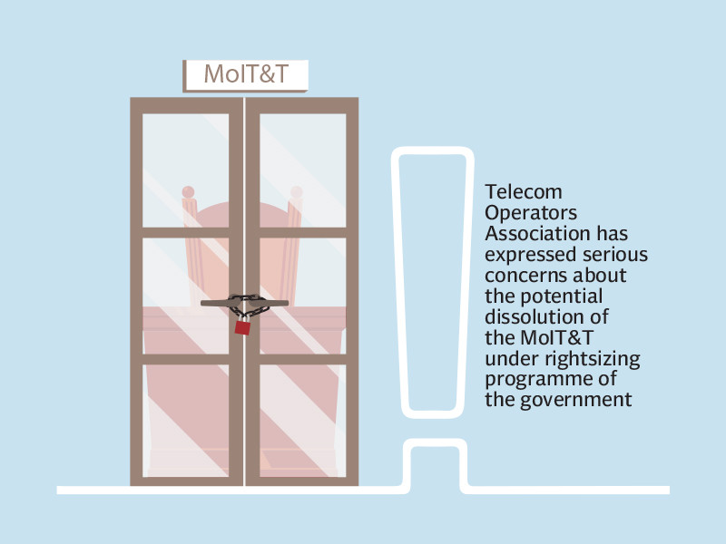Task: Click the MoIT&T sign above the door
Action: point(246,75)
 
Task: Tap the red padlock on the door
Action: point(242,326)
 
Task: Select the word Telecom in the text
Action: point(524,192)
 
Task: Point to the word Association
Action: point(536,233)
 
